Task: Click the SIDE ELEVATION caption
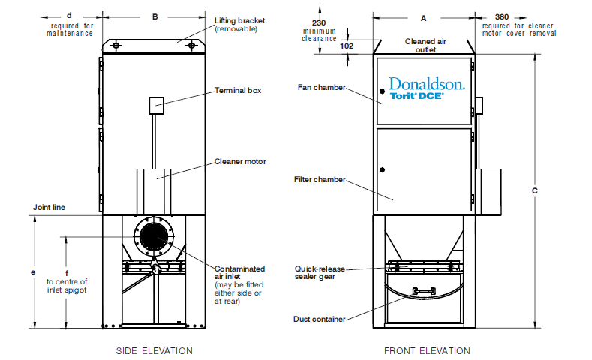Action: tap(154, 350)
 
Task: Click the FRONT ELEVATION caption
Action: tap(427, 350)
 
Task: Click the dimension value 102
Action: tap(346, 45)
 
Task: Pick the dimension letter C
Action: tap(534, 191)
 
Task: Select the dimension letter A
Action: tap(423, 16)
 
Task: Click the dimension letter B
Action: tap(155, 16)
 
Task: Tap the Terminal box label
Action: tap(238, 90)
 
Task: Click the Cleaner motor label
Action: tap(240, 161)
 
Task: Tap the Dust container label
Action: tap(320, 319)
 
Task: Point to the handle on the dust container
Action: tap(423, 290)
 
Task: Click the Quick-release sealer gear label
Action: tap(316, 271)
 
